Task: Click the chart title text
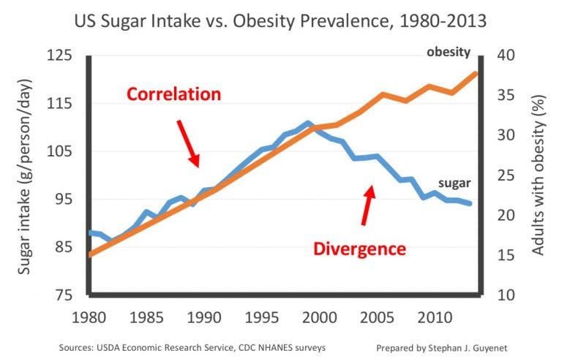coord(280,21)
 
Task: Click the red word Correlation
coord(173,94)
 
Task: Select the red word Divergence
coord(359,249)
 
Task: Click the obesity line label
coord(448,52)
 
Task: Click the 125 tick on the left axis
coord(62,56)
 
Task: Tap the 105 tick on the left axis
coord(62,151)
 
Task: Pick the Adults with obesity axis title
coord(539,175)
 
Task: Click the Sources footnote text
coord(192,349)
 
